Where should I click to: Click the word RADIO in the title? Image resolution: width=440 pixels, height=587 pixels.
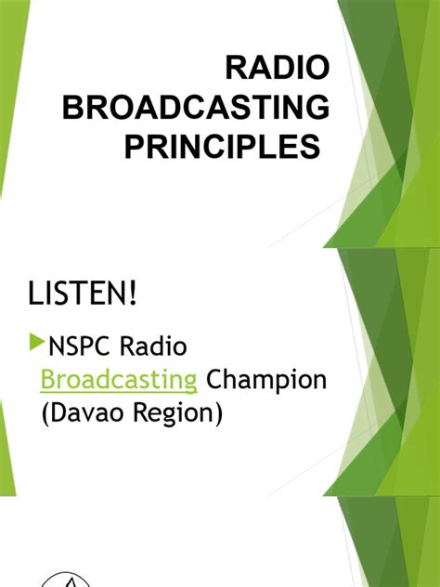coord(278,68)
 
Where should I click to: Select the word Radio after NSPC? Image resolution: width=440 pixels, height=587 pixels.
coord(159,347)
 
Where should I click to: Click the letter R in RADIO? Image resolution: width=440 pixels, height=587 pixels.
coord(237,68)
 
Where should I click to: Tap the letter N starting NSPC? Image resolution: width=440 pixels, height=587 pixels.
coord(55,347)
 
